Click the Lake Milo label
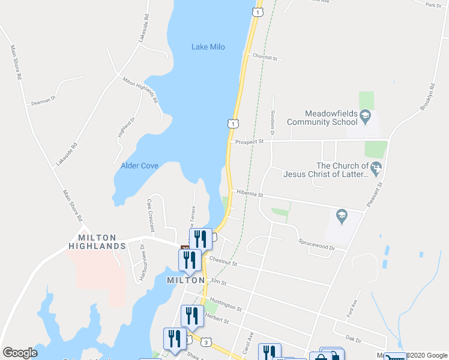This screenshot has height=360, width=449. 208,47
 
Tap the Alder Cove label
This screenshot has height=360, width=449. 139,166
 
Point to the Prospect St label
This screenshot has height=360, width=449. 250,142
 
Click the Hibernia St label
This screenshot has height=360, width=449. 250,194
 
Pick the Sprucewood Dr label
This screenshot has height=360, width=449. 316,244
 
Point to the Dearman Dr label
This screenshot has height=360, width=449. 43,100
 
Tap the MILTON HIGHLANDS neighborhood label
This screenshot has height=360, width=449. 97,242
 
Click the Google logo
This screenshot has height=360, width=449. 20,353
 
